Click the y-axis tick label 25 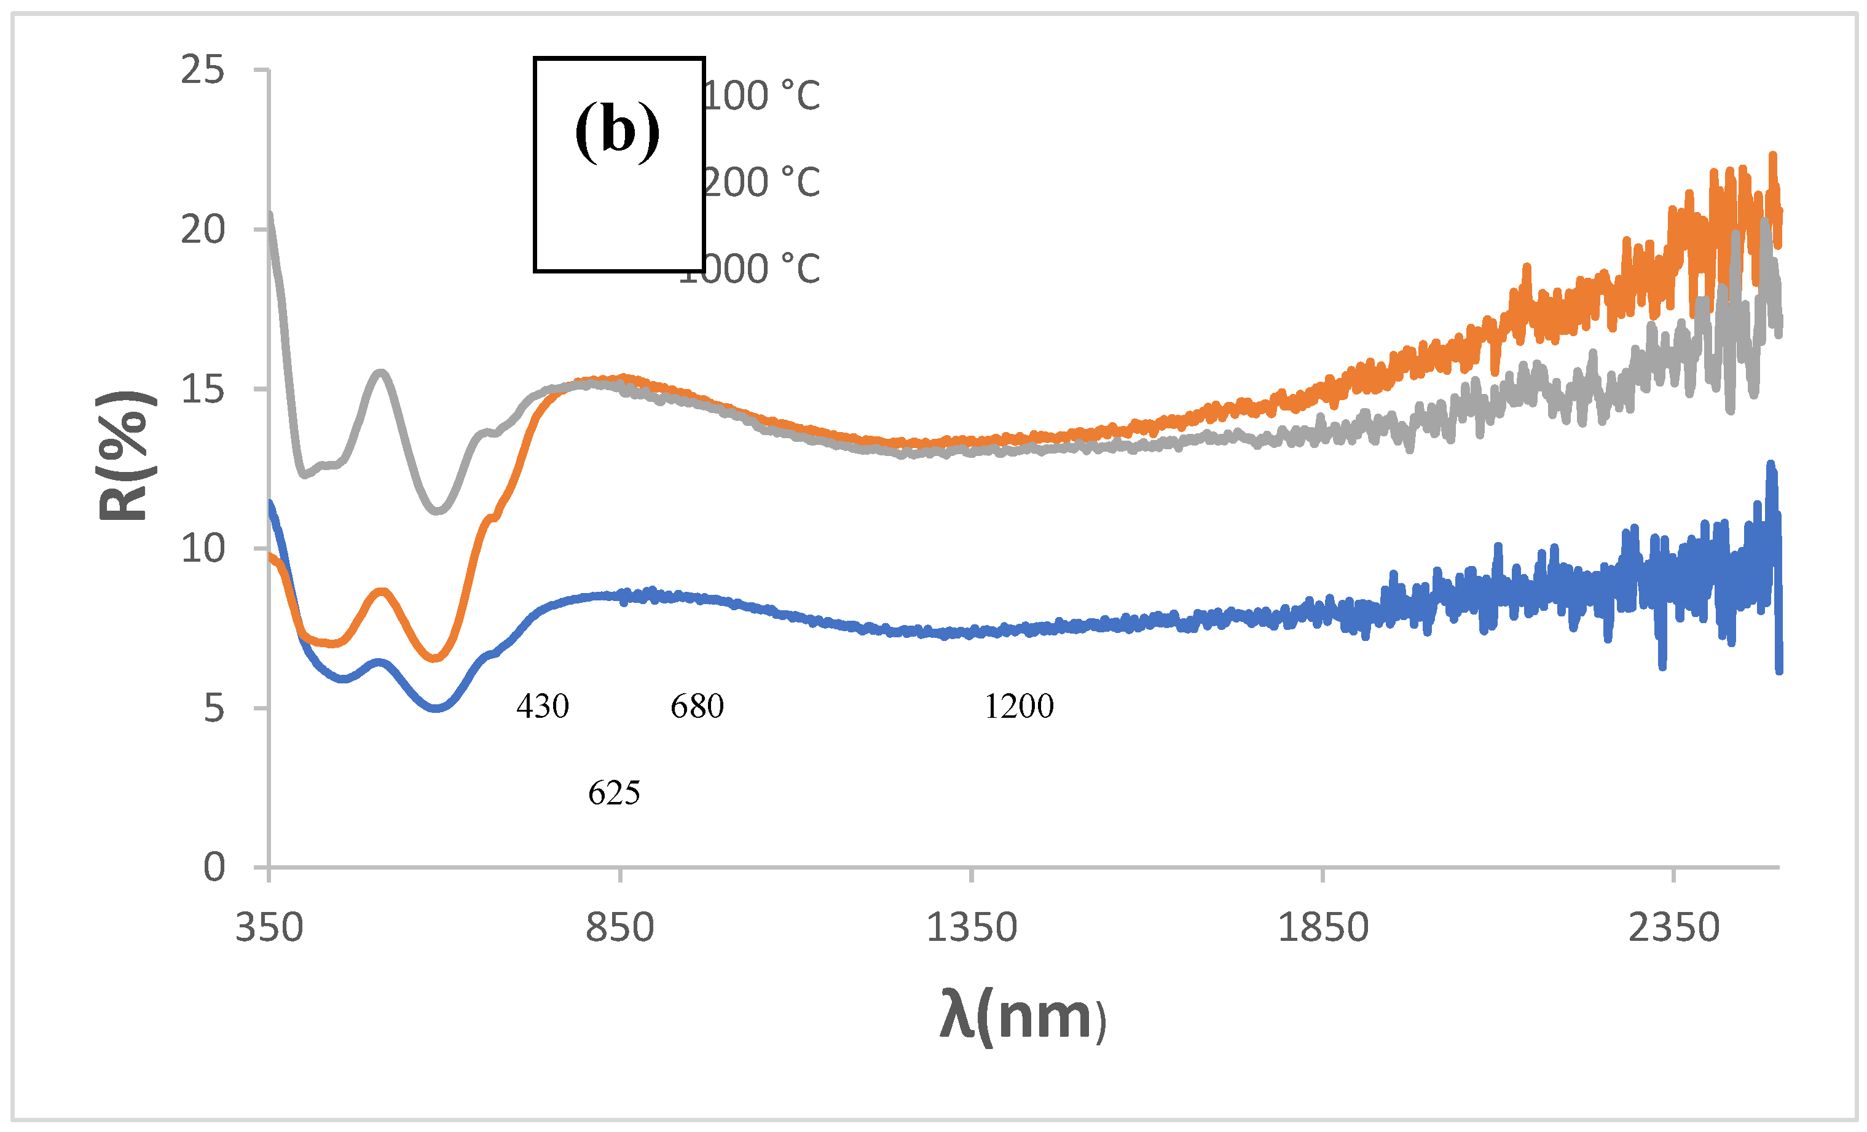(x=202, y=71)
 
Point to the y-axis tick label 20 (x=202, y=230)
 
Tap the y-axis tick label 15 (x=202, y=390)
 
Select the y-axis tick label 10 (x=202, y=549)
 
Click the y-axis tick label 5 (x=214, y=709)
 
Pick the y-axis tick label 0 (x=214, y=868)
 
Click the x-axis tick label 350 (x=269, y=928)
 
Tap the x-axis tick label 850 (x=620, y=928)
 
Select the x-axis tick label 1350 (x=972, y=928)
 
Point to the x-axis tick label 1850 (x=1323, y=928)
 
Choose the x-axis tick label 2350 (x=1674, y=928)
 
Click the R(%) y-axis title (x=125, y=456)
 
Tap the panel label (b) (x=618, y=131)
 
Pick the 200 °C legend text (x=761, y=183)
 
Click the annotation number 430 (x=543, y=707)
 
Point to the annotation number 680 (x=697, y=707)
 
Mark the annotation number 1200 (x=1019, y=707)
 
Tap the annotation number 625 (x=614, y=793)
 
